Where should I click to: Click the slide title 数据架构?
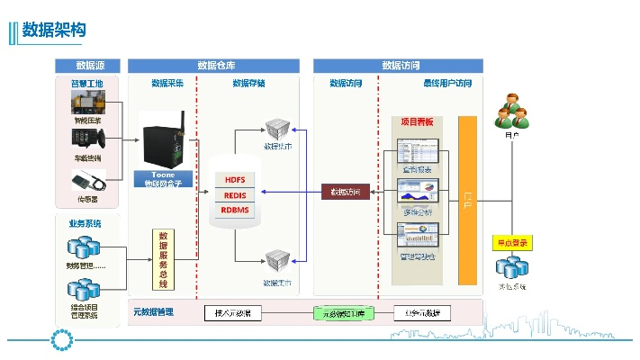coord(54,31)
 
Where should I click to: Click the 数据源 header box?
coord(87,66)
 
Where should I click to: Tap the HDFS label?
coord(234,180)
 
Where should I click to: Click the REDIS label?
coord(234,194)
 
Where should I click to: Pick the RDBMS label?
coord(234,210)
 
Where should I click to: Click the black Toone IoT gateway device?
coord(162,140)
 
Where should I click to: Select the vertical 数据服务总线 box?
coord(163,260)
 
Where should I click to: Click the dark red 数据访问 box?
coord(346,192)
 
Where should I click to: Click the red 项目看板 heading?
coord(417,121)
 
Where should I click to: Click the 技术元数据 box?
coord(233,313)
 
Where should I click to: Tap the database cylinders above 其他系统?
coord(512,266)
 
